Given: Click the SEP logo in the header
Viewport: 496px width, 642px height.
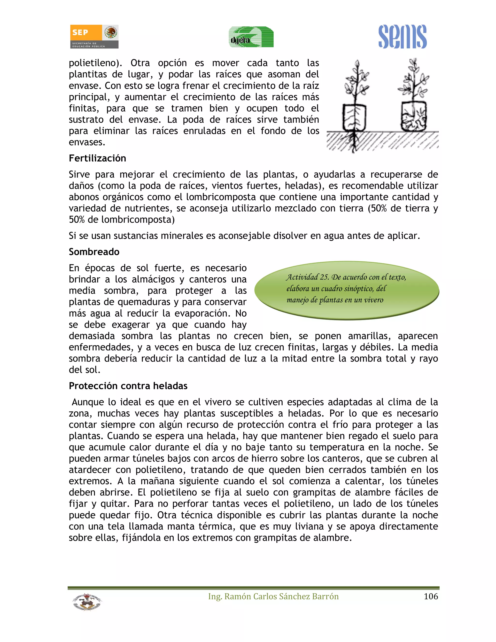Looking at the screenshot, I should pyautogui.click(x=94, y=36).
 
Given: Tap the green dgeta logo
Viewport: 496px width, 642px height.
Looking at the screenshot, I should pyautogui.click(x=251, y=37).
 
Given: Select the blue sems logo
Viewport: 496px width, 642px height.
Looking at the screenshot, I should pyautogui.click(x=402, y=37).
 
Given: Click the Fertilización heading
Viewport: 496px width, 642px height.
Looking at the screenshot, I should pyautogui.click(x=97, y=158).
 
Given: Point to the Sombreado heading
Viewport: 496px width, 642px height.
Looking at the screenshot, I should pyautogui.click(x=94, y=252).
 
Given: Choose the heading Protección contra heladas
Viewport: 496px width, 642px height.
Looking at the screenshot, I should pyautogui.click(x=128, y=386).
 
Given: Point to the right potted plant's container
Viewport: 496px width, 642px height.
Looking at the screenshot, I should pyautogui.click(x=413, y=117).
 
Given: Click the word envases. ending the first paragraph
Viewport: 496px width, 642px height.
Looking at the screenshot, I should pyautogui.click(x=87, y=142).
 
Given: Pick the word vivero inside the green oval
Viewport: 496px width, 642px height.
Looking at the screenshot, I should pyautogui.click(x=373, y=300).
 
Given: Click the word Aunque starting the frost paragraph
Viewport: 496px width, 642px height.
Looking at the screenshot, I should pyautogui.click(x=88, y=402).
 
